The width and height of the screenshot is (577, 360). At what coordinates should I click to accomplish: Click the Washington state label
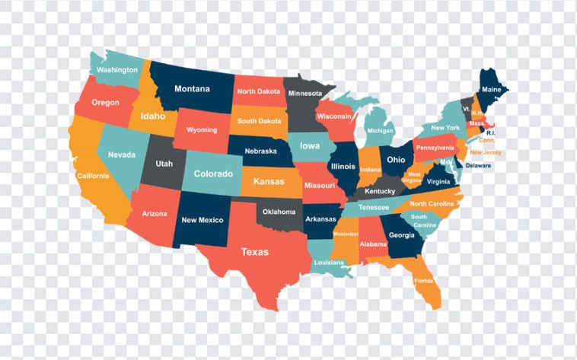(x=116, y=70)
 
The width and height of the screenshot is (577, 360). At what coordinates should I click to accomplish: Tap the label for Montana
(x=191, y=88)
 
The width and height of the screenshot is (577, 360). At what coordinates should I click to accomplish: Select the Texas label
(x=254, y=251)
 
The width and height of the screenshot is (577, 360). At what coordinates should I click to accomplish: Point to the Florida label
(x=423, y=280)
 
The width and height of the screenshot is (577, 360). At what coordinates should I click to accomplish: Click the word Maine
(x=492, y=89)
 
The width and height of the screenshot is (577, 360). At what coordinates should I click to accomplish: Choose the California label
(x=93, y=176)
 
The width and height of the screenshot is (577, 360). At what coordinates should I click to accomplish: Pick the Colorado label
(x=212, y=174)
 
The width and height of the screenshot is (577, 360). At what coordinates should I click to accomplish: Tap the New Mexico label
(x=202, y=220)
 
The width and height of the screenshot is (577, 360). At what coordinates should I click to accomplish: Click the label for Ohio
(x=396, y=160)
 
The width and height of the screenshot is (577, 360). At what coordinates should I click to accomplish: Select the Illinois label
(x=343, y=166)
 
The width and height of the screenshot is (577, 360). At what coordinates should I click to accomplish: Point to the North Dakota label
(x=258, y=91)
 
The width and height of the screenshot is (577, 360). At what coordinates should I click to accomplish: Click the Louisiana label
(x=329, y=263)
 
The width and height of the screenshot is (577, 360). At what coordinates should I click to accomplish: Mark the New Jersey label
(x=486, y=152)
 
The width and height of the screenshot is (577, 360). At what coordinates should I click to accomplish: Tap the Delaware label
(x=478, y=165)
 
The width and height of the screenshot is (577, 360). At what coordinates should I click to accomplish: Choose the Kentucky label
(x=380, y=191)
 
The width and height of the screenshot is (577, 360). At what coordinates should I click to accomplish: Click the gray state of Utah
(x=164, y=164)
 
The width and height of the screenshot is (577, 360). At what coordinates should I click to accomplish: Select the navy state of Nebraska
(x=260, y=151)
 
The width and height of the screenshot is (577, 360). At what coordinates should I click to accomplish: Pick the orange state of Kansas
(x=269, y=182)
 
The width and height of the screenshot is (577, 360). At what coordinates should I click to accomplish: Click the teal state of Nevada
(x=121, y=155)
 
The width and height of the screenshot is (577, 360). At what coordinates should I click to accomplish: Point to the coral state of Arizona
(x=154, y=214)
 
